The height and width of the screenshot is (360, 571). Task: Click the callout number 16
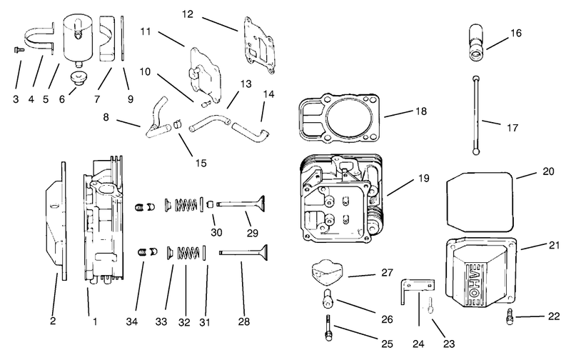515,33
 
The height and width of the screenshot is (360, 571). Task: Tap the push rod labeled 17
475,115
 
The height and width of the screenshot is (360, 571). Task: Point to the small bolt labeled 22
510,316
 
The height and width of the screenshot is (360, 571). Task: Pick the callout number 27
387,273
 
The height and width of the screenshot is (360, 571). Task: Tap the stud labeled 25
328,328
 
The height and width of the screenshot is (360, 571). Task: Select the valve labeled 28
243,252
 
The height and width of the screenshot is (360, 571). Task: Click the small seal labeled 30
210,204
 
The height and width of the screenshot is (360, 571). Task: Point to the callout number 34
132,321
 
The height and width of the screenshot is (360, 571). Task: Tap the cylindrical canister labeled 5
77,40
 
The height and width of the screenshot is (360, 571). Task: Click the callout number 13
246,84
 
